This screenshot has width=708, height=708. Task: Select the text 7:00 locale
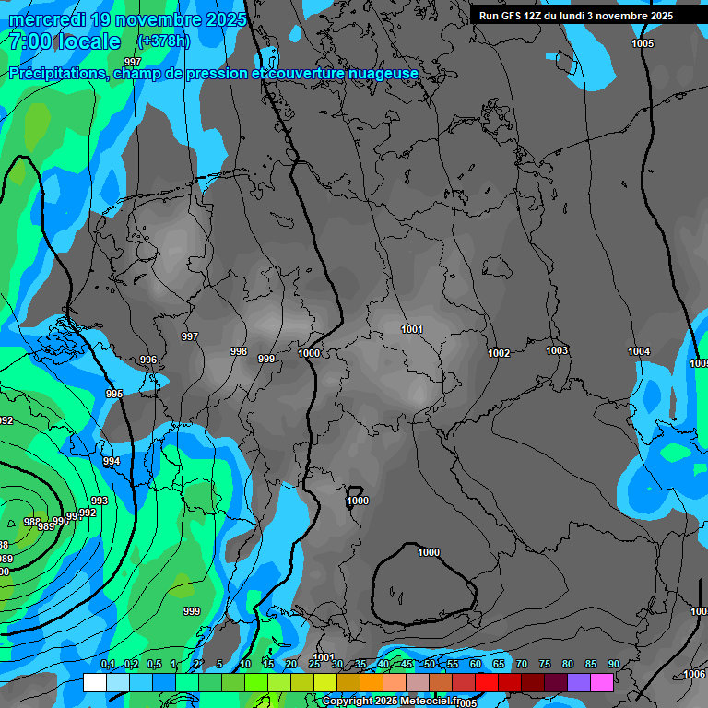(x=65, y=41)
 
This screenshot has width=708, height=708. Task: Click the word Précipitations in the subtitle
(x=56, y=73)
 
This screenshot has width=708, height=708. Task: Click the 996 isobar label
(x=148, y=360)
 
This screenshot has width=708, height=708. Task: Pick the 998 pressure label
(x=239, y=351)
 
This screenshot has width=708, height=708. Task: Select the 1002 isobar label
(x=500, y=353)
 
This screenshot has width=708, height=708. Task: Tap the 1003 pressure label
(x=557, y=350)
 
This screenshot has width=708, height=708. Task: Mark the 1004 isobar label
(x=639, y=351)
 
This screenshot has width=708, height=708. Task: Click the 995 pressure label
(x=114, y=394)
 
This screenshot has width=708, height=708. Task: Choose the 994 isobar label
(x=112, y=461)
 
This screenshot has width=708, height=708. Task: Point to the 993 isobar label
(x=100, y=501)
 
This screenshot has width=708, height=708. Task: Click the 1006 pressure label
(x=694, y=674)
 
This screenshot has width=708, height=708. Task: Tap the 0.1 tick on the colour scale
(x=108, y=665)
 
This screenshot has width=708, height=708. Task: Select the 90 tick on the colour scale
(x=613, y=665)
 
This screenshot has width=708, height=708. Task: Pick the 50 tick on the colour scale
(x=430, y=665)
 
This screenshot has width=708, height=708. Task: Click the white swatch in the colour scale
(x=94, y=682)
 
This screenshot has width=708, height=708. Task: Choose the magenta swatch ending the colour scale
(x=602, y=682)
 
